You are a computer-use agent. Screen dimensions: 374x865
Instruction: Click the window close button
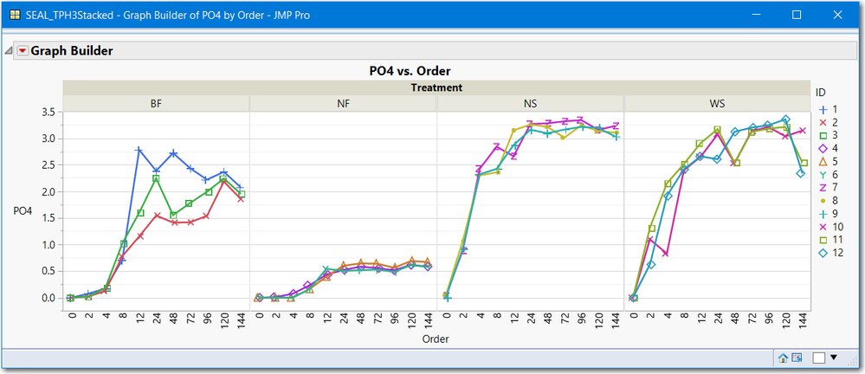click(x=837, y=15)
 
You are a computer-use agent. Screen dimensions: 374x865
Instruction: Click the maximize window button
click(x=797, y=15)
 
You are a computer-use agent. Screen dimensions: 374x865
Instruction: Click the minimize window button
click(x=757, y=15)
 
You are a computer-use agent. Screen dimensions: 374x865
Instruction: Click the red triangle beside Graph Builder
click(x=23, y=51)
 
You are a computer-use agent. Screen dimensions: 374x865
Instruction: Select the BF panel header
click(x=156, y=104)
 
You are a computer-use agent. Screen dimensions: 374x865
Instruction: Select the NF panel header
click(x=343, y=104)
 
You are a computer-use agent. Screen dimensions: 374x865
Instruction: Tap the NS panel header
click(x=530, y=104)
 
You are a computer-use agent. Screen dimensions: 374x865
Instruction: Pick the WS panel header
click(x=717, y=104)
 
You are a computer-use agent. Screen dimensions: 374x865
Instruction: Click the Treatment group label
click(x=436, y=87)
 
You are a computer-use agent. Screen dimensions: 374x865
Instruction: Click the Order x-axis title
click(x=435, y=339)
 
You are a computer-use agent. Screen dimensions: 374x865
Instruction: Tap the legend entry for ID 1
click(x=830, y=109)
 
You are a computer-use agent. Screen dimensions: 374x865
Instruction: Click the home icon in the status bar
click(x=784, y=357)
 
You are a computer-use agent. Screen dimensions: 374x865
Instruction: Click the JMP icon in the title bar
click(x=15, y=15)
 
